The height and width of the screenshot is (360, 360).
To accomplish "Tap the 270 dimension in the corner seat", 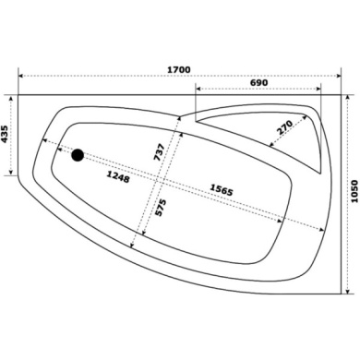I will (284, 125).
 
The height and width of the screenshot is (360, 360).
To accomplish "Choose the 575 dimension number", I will (161, 208).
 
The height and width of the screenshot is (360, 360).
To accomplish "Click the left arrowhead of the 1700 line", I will (20, 76).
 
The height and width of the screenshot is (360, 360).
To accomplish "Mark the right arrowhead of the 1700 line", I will (341, 76).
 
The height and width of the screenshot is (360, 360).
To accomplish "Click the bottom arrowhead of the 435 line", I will (12, 171).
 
